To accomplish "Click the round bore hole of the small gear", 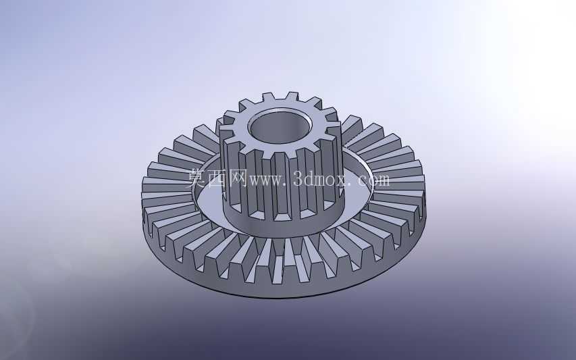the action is [x=280, y=128].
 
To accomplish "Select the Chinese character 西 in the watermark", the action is [x=218, y=178].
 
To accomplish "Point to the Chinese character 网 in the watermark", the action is [x=238, y=178].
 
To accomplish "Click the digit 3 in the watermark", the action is [x=298, y=180].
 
